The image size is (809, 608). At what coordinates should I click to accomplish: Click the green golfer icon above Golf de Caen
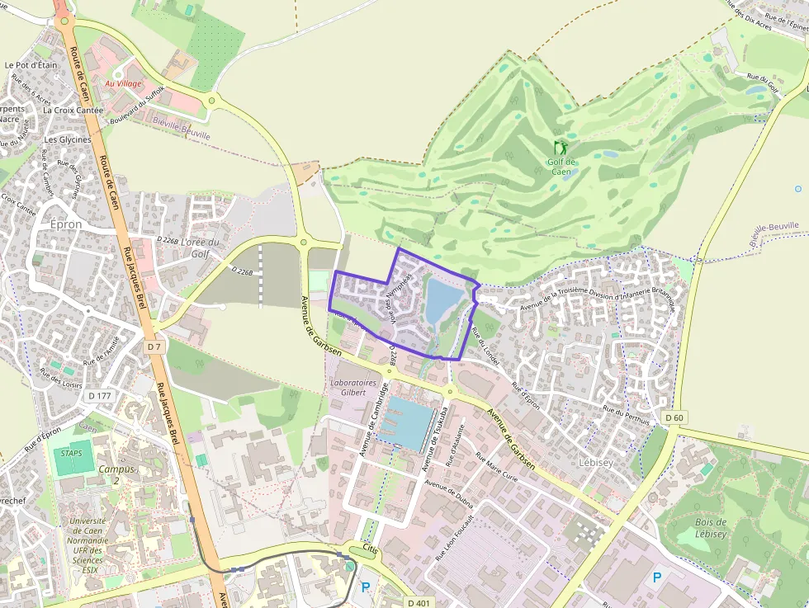(561, 148)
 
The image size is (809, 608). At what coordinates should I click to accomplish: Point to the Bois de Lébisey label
(710, 528)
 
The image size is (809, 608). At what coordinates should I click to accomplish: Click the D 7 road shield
(154, 347)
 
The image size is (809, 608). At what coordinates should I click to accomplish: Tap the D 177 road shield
(99, 396)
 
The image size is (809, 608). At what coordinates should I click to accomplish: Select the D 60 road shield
(674, 417)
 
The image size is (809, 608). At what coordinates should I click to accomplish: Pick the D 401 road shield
(420, 601)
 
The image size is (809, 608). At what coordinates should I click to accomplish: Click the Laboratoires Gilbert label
(353, 388)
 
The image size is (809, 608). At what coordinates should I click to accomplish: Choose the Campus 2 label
(115, 474)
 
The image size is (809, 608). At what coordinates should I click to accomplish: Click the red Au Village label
(123, 84)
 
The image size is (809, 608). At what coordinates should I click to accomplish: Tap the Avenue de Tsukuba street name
(437, 436)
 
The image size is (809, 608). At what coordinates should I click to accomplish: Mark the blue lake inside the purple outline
(442, 300)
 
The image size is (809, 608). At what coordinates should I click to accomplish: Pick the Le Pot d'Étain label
(31, 64)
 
